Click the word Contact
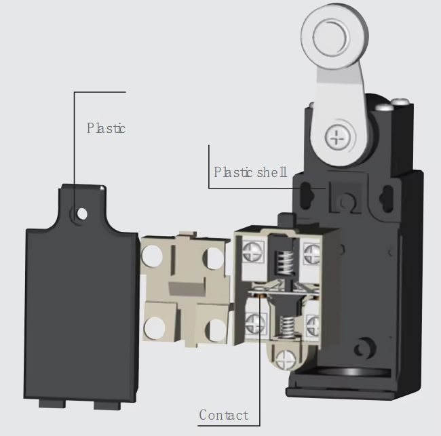click(x=223, y=414)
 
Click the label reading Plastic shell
click(x=250, y=172)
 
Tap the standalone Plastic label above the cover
click(x=106, y=127)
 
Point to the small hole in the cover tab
click(x=82, y=214)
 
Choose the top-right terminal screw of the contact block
click(x=311, y=252)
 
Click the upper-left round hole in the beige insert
click(x=151, y=255)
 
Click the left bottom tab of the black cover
click(x=49, y=404)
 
